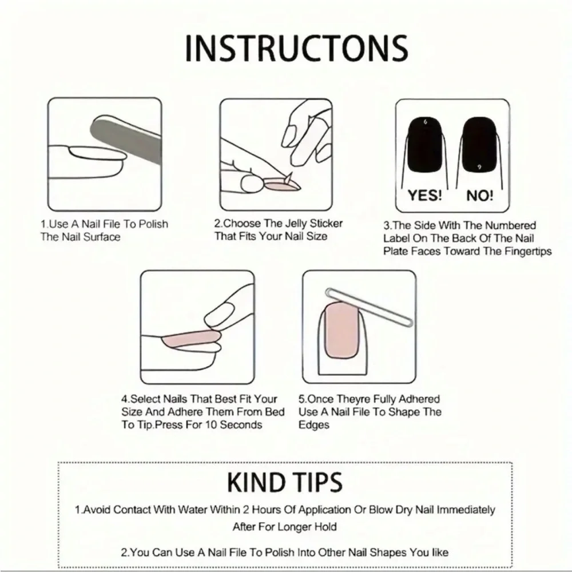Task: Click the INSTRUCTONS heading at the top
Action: coord(296,48)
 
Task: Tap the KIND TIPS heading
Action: coord(285,482)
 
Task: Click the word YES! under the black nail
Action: coord(425,196)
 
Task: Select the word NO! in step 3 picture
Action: coord(479,196)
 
